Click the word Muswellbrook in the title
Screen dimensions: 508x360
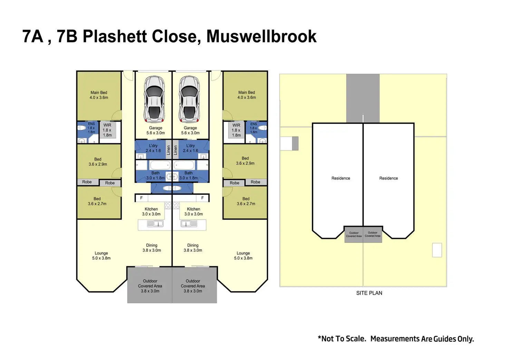click(261, 36)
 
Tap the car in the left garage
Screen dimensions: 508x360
click(154, 99)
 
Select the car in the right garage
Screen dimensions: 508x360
click(189, 99)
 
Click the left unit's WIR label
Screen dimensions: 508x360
click(107, 125)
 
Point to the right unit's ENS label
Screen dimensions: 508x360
click(254, 124)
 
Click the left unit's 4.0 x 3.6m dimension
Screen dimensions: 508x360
click(99, 98)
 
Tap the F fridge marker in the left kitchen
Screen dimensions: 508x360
click(141, 198)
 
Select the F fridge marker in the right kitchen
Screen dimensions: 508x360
click(203, 198)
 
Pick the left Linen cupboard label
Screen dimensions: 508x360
click(168, 150)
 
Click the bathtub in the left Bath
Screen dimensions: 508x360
click(160, 165)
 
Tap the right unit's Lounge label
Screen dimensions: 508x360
click(243, 253)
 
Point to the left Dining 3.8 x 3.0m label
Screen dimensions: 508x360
click(152, 248)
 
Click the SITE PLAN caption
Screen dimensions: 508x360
click(369, 293)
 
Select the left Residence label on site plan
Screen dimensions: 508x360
click(341, 178)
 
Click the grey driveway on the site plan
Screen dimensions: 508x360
click(363, 98)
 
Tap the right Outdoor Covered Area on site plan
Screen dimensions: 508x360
click(372, 234)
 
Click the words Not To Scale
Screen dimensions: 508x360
click(344, 339)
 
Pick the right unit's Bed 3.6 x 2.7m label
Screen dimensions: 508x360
click(246, 201)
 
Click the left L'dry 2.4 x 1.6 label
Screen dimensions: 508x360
click(153, 148)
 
